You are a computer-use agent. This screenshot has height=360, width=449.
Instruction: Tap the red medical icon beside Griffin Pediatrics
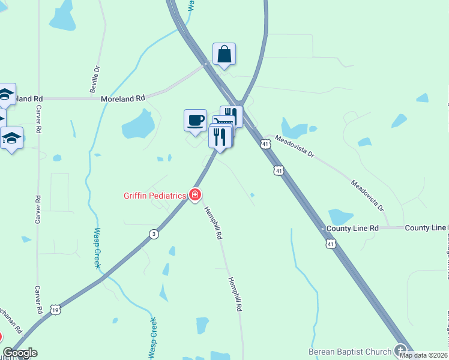[194, 195]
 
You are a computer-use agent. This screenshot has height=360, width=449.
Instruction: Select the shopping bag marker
[224, 55]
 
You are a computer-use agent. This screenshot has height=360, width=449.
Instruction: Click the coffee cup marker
[195, 120]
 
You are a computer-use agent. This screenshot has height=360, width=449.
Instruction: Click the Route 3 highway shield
[154, 235]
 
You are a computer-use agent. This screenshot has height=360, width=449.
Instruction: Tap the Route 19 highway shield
[55, 310]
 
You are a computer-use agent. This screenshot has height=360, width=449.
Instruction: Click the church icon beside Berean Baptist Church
[401, 351]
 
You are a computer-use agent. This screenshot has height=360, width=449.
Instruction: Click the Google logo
[20, 353]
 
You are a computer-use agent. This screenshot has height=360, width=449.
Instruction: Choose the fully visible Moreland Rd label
[123, 98]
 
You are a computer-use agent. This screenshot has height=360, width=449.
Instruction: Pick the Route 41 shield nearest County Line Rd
[331, 244]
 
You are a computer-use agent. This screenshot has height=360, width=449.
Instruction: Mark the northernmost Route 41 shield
[265, 144]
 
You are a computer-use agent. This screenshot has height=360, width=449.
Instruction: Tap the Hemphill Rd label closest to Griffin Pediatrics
[212, 223]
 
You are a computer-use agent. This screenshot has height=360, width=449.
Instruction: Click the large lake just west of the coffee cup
[139, 127]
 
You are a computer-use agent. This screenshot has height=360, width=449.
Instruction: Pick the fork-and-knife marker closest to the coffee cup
[220, 137]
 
